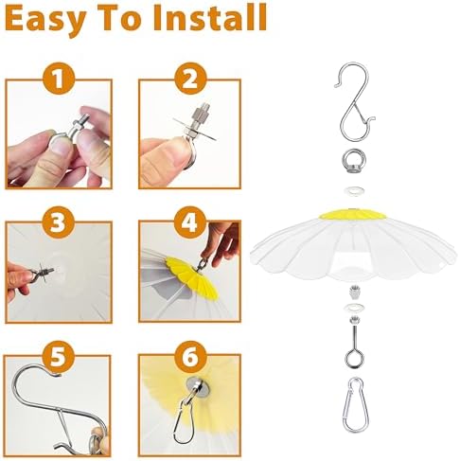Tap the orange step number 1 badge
(x=59, y=79)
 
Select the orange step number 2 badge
(x=190, y=79)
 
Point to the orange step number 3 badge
(x=59, y=222)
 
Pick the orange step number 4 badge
(x=190, y=222)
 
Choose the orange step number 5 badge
(x=58, y=357)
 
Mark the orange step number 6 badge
(x=190, y=357)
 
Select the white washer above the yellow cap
(x=354, y=191)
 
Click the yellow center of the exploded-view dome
(x=353, y=214)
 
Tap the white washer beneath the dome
(x=353, y=308)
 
